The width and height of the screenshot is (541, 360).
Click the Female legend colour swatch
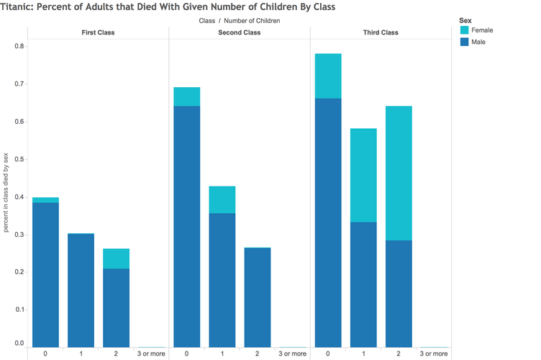click(x=465, y=30)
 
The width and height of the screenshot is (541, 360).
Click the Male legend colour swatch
click(x=465, y=42)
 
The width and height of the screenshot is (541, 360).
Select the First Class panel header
click(x=98, y=32)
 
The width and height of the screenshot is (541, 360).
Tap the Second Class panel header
click(x=239, y=32)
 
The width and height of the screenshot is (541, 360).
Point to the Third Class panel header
click(x=381, y=32)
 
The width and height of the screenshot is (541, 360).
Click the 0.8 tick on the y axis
click(x=19, y=46)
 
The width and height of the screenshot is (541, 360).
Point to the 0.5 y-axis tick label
click(x=19, y=159)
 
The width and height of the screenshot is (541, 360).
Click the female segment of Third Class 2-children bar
click(x=399, y=174)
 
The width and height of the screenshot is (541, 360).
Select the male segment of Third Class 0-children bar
click(x=328, y=223)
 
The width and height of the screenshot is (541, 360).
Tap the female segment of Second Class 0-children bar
click(x=186, y=96)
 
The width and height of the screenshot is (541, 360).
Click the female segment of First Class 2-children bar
click(x=117, y=259)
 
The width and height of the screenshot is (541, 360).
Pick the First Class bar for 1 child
click(x=81, y=290)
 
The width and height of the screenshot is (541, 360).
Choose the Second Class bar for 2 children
click(x=258, y=297)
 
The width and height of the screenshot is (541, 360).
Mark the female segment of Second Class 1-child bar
click(x=222, y=200)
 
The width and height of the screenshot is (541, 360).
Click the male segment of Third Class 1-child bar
click(x=363, y=284)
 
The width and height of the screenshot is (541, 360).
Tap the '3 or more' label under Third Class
click(x=434, y=354)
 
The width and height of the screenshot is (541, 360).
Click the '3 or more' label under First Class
click(x=151, y=354)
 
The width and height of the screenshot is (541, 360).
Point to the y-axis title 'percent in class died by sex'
click(x=6, y=192)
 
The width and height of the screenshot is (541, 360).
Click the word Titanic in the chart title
click(x=16, y=7)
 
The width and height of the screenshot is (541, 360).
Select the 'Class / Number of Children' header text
click(x=240, y=21)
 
